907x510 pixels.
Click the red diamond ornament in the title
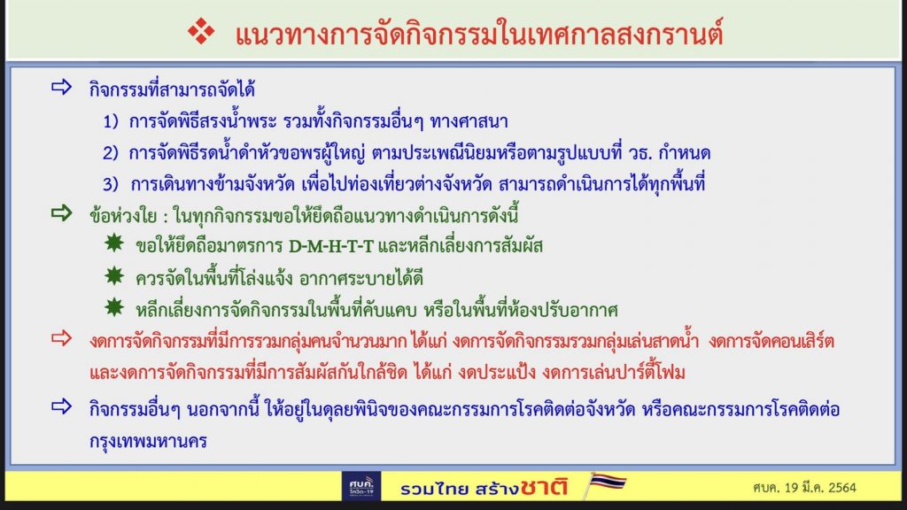point(201,31)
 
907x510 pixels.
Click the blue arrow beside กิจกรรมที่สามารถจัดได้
point(61,88)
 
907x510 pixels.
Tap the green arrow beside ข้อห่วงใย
point(61,212)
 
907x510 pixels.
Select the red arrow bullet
point(61,337)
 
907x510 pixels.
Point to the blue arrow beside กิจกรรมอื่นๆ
point(61,406)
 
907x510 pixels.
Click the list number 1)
point(111,121)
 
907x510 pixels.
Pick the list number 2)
point(111,153)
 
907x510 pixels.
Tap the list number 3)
point(111,184)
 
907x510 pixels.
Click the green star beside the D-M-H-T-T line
point(114,243)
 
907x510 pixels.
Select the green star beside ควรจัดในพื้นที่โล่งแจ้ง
point(114,276)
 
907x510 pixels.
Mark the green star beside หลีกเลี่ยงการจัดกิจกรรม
point(114,307)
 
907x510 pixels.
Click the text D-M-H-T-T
point(331,247)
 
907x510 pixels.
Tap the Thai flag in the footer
point(607,483)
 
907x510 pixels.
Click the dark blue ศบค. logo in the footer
point(361,486)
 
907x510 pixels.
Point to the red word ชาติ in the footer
point(544,487)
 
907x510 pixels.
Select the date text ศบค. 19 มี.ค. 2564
point(804,488)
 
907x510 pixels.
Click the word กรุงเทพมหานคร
point(148,442)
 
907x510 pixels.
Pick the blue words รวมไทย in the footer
point(436,489)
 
